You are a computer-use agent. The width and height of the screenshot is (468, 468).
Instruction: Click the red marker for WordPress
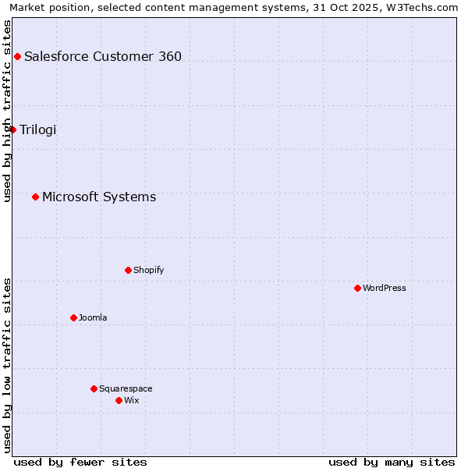click(x=357, y=288)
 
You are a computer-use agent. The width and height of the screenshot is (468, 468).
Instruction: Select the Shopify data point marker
click(x=128, y=270)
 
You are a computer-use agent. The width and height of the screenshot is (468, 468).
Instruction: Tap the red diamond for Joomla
click(x=73, y=317)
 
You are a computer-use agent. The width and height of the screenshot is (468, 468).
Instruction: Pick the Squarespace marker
click(x=94, y=388)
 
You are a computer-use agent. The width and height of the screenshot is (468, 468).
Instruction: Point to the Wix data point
click(x=119, y=400)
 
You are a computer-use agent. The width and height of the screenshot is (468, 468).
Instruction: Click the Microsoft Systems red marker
click(x=35, y=197)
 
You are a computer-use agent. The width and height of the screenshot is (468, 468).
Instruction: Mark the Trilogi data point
click(x=12, y=129)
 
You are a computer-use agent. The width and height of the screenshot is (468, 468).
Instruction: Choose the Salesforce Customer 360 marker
click(x=17, y=56)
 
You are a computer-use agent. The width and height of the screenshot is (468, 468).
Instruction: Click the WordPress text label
click(x=385, y=288)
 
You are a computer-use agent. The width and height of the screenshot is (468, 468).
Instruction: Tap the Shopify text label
click(x=148, y=270)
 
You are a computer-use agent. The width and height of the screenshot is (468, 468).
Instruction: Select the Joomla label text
click(x=93, y=317)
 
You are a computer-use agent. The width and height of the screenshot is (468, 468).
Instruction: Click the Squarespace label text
click(x=126, y=388)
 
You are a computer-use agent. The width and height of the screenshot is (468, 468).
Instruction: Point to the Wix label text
click(x=132, y=400)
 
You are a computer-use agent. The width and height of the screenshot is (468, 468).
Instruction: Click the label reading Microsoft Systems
click(x=99, y=197)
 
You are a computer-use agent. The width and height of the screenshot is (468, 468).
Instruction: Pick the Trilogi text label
click(x=38, y=129)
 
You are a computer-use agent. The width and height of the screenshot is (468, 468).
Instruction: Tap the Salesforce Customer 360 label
click(x=103, y=56)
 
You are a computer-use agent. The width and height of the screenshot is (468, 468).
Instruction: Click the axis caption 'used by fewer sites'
click(x=80, y=462)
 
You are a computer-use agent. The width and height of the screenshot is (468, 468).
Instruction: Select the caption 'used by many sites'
click(x=392, y=462)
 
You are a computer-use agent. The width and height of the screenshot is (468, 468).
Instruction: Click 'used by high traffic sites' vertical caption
click(x=7, y=111)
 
